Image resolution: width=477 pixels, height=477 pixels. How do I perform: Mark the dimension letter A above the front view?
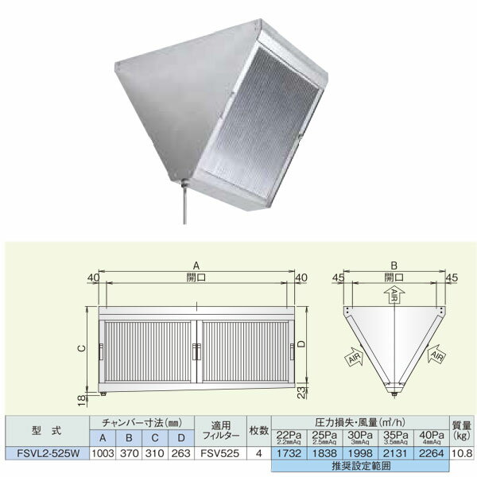click(x=195, y=269)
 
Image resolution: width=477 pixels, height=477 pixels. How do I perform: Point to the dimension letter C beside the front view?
click(x=83, y=348)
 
